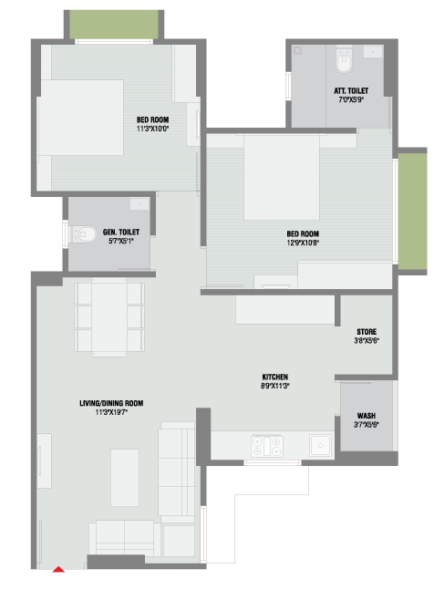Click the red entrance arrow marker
pyautogui.click(x=58, y=569)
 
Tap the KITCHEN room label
pyautogui.click(x=275, y=377)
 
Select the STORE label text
pyautogui.click(x=367, y=332)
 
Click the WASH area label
pyautogui.click(x=367, y=416)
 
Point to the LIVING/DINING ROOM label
pyautogui.click(x=111, y=403)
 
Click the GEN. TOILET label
pyautogui.click(x=121, y=233)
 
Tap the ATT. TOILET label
pyautogui.click(x=351, y=91)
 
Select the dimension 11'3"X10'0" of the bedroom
pyautogui.click(x=152, y=129)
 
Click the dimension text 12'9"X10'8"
pyautogui.click(x=303, y=243)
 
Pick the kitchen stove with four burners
pyautogui.click(x=267, y=446)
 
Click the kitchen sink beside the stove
pyautogui.click(x=320, y=445)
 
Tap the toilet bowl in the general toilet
pyautogui.click(x=84, y=234)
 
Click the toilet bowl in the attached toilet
pyautogui.click(x=344, y=62)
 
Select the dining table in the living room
pyautogui.click(x=109, y=316)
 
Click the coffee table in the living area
pyautogui.click(x=125, y=478)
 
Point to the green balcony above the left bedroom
pyautogui.click(x=114, y=24)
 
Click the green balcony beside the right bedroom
pyautogui.click(x=412, y=211)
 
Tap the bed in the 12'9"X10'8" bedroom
pyautogui.click(x=282, y=177)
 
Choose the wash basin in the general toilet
pyautogui.click(x=139, y=204)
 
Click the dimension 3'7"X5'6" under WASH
pyautogui.click(x=367, y=425)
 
